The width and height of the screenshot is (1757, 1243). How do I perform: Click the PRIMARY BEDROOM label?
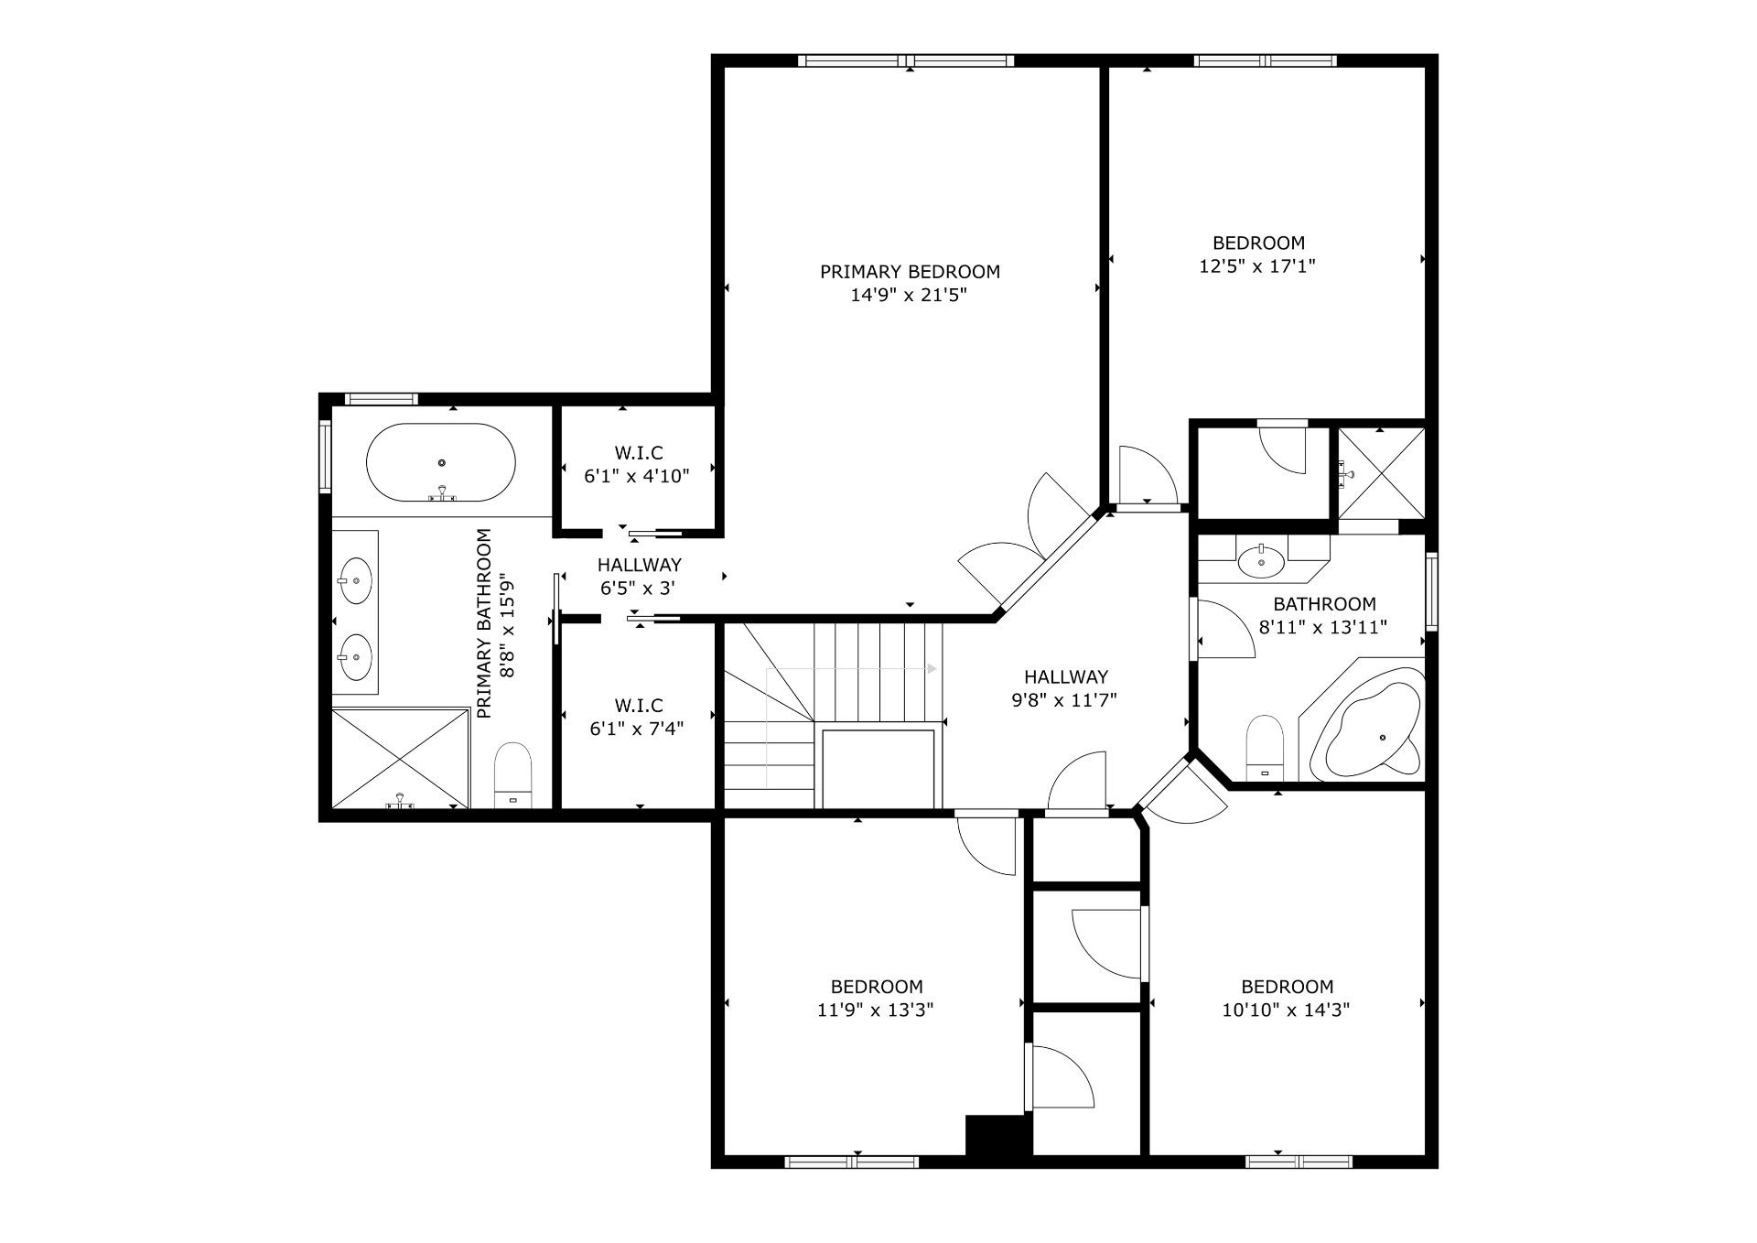[x=909, y=272]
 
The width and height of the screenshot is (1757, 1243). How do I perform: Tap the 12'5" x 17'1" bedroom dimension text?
[x=1257, y=266]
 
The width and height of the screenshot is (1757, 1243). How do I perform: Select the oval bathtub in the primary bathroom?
[x=441, y=462]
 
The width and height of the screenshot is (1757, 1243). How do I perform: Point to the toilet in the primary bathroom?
[x=512, y=775]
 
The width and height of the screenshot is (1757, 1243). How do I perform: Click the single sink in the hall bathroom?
[x=1261, y=560]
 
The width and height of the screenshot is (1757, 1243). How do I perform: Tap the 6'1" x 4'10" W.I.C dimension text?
[x=637, y=476]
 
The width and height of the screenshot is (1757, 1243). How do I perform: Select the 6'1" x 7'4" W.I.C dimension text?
[x=637, y=729]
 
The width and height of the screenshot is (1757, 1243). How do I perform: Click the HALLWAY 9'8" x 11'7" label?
[x=1065, y=688]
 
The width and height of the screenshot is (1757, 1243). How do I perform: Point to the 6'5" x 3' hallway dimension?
[x=638, y=589]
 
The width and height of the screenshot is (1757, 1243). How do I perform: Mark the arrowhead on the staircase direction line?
[x=932, y=669]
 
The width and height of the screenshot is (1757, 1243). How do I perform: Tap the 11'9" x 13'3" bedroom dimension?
[x=876, y=1011]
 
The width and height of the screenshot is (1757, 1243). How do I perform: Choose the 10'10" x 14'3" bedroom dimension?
[x=1287, y=1011]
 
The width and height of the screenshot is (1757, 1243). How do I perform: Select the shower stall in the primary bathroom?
[x=400, y=758]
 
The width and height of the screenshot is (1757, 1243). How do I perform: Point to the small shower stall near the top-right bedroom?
[x=1382, y=473]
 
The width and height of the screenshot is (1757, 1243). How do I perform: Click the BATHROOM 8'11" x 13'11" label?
[x=1324, y=615]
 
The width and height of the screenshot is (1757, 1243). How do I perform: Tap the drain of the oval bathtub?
[x=442, y=463]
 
